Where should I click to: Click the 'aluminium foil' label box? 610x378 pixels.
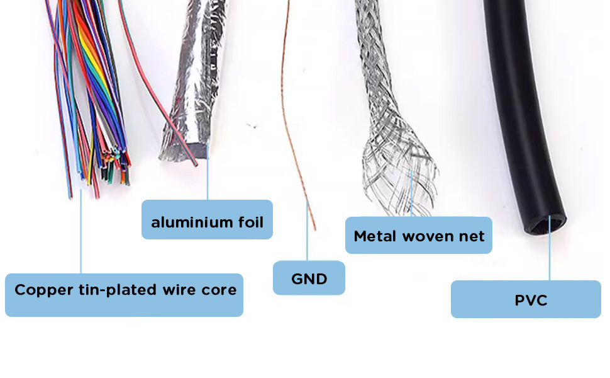(207, 219)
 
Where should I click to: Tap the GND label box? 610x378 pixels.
(309, 278)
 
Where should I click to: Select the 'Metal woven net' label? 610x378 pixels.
(419, 236)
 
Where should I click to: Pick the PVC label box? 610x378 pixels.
(526, 299)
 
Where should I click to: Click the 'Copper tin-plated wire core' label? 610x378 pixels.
(124, 295)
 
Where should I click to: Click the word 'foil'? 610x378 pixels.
(251, 222)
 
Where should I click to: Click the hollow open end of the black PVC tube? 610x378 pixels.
(545, 226)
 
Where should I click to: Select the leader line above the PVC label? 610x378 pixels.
(549, 248)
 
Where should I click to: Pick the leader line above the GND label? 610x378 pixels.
(307, 231)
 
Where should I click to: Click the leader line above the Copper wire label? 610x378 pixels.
(81, 231)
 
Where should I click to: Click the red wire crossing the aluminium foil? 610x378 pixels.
(155, 98)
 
